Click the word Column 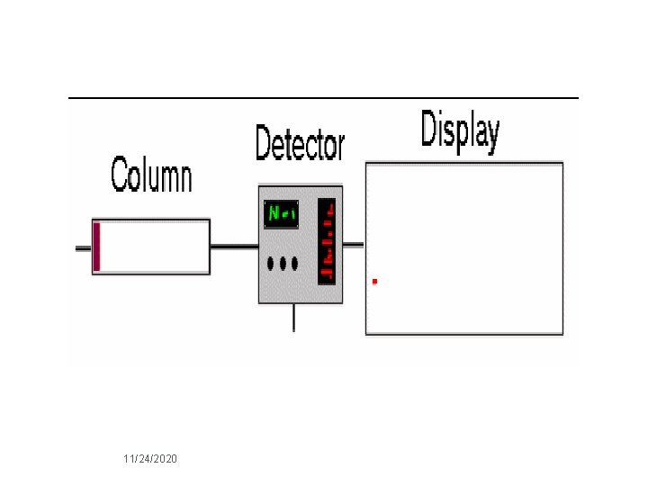(151, 174)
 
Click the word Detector (299, 144)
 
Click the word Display (459, 130)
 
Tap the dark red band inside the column (97, 246)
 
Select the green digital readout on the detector (282, 214)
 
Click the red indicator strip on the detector (327, 241)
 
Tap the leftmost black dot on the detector (271, 264)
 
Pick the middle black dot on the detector (282, 264)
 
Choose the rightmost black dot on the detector (293, 264)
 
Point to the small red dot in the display (374, 281)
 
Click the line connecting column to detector (234, 246)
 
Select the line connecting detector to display (354, 243)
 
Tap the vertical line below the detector (293, 318)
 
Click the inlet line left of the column (84, 247)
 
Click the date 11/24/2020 (150, 459)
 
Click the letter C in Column (121, 174)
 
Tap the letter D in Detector (264, 144)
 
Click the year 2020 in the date (166, 459)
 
